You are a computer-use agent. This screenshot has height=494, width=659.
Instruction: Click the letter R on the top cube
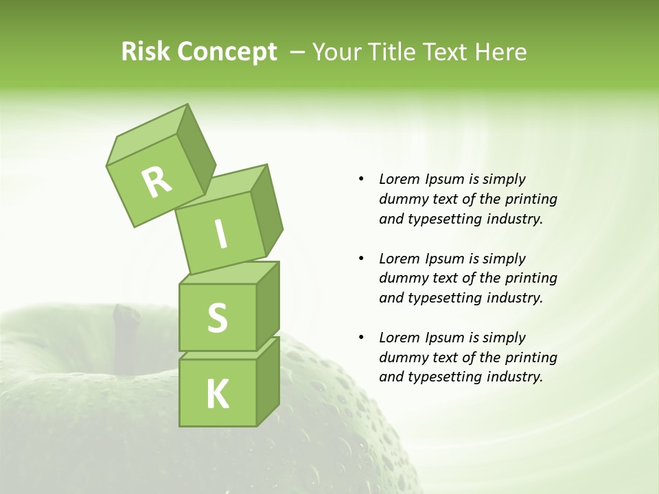(157, 182)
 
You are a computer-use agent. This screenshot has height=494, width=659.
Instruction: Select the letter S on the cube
(217, 318)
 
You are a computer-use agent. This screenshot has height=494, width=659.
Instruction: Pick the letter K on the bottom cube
(217, 395)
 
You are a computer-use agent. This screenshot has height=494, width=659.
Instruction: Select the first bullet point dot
(361, 180)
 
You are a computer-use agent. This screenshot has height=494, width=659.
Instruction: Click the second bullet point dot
(361, 259)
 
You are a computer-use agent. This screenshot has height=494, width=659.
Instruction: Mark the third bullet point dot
(361, 338)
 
